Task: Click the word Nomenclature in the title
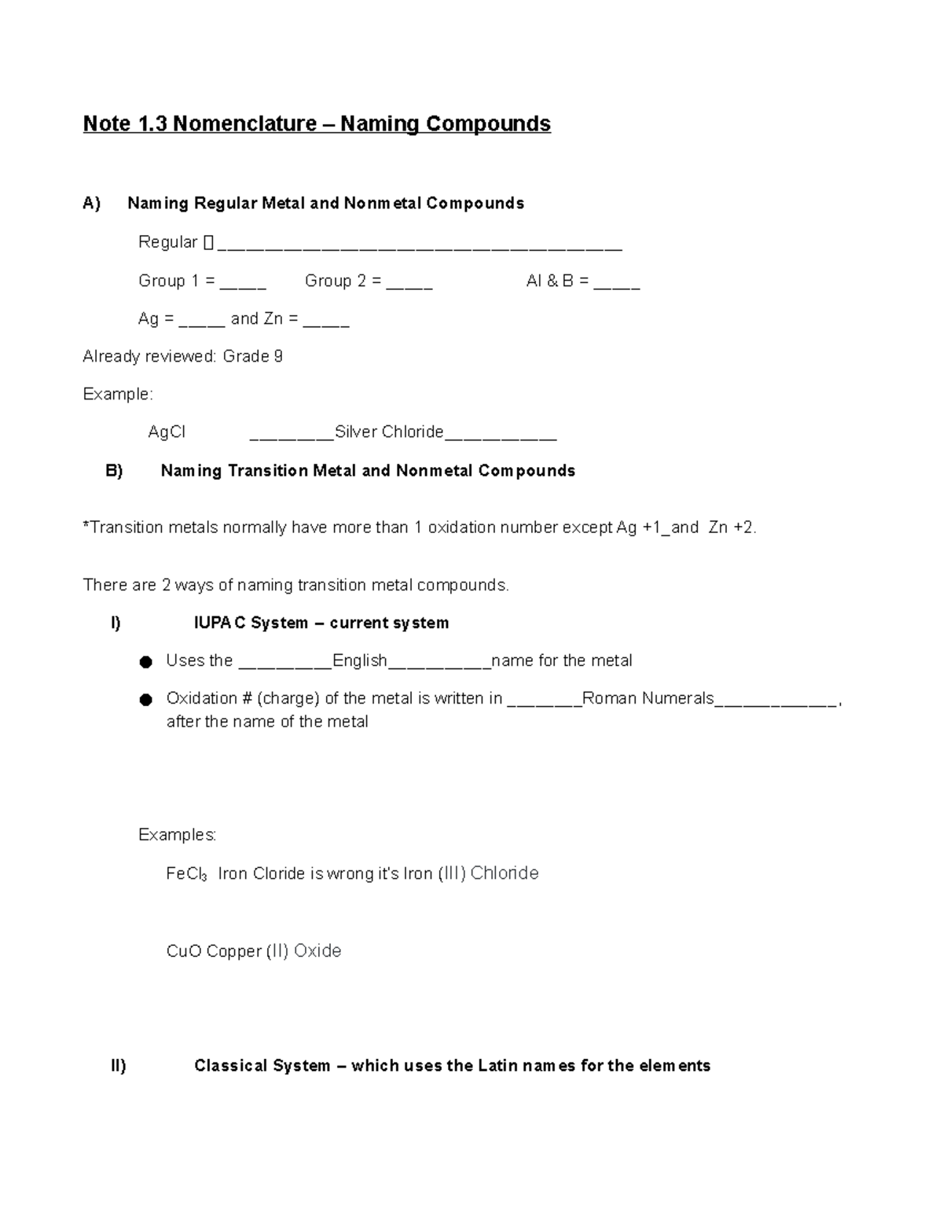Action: pyautogui.click(x=244, y=124)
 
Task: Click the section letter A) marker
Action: pyautogui.click(x=92, y=204)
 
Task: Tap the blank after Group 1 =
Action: pyautogui.click(x=243, y=282)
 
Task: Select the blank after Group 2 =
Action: pyautogui.click(x=409, y=282)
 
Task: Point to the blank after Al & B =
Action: pyautogui.click(x=617, y=282)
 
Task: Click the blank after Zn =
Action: pyautogui.click(x=326, y=320)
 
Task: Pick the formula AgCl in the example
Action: pyautogui.click(x=167, y=432)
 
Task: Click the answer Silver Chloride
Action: pyautogui.click(x=389, y=432)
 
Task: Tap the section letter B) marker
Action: pyautogui.click(x=114, y=471)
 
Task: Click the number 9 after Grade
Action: pyautogui.click(x=277, y=357)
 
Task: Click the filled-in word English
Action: pyautogui.click(x=360, y=661)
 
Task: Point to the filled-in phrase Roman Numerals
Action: pyautogui.click(x=648, y=699)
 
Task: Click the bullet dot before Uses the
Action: pyautogui.click(x=145, y=663)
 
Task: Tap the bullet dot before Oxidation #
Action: pyautogui.click(x=145, y=701)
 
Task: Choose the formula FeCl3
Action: pyautogui.click(x=186, y=874)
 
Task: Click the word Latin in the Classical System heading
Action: pyautogui.click(x=497, y=1066)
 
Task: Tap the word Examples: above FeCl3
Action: pyautogui.click(x=177, y=835)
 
